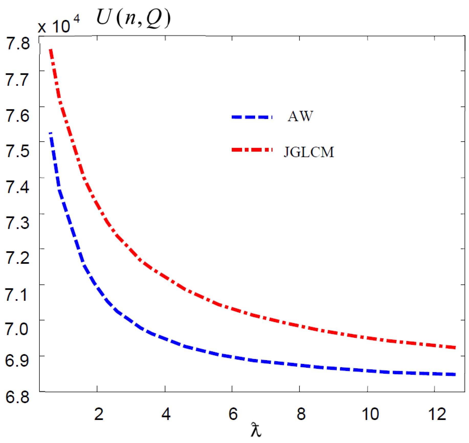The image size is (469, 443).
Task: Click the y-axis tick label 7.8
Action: [18, 43]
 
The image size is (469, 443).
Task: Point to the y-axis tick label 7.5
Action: [18, 151]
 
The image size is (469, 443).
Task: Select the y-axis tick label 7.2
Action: [18, 257]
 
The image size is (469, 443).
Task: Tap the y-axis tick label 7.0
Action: [17, 329]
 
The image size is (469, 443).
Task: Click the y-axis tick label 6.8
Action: [17, 397]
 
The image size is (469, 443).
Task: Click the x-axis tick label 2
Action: [99, 414]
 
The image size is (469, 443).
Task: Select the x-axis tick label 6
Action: [233, 414]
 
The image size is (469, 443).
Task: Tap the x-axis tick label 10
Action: [370, 414]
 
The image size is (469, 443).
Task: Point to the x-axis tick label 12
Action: [437, 414]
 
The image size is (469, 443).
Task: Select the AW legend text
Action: [300, 116]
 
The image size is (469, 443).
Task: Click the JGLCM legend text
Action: [309, 152]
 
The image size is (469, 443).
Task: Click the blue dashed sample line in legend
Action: [252, 117]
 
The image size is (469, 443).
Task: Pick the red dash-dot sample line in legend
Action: [252, 150]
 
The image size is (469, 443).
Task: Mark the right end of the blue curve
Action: [455, 374]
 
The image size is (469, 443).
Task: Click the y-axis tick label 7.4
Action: [18, 187]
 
